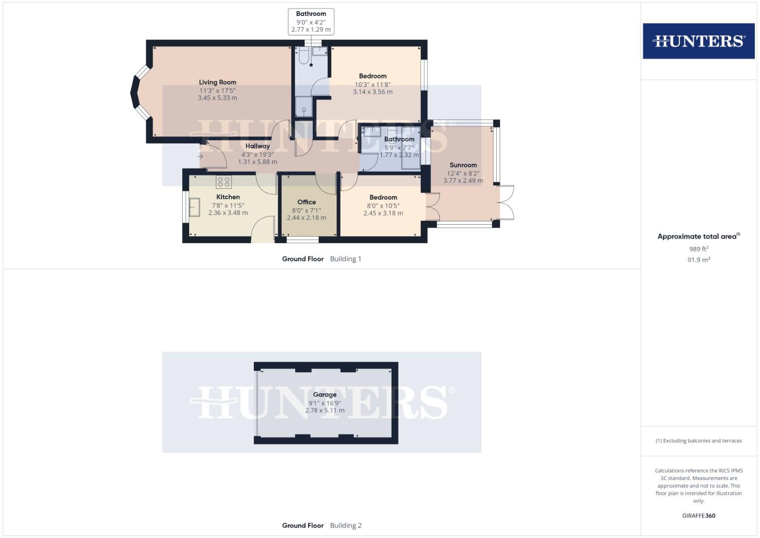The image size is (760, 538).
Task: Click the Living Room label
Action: click(x=217, y=82)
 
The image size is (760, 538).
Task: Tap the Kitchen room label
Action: click(x=228, y=197)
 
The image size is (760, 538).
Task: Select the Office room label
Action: click(x=307, y=202)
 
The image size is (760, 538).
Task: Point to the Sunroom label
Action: click(x=463, y=165)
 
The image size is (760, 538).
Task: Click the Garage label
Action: click(x=325, y=395)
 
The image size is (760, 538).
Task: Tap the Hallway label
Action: click(x=257, y=146)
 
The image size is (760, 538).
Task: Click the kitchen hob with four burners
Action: click(x=223, y=182)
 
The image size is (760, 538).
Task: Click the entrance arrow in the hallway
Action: click(x=200, y=156)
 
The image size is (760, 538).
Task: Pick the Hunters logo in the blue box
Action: click(x=698, y=41)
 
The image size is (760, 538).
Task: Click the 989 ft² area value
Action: click(x=698, y=249)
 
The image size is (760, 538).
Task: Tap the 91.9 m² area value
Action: click(x=698, y=260)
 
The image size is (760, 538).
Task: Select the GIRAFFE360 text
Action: click(x=698, y=516)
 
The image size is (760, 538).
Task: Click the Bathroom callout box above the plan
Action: click(x=311, y=21)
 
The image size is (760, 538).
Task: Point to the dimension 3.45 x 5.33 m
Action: click(x=217, y=98)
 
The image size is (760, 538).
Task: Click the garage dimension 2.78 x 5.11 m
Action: click(x=325, y=410)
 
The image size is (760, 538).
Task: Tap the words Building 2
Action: click(x=345, y=525)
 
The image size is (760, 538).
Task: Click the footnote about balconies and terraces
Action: click(x=698, y=441)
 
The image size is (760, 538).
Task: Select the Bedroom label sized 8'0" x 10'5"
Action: click(x=383, y=197)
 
